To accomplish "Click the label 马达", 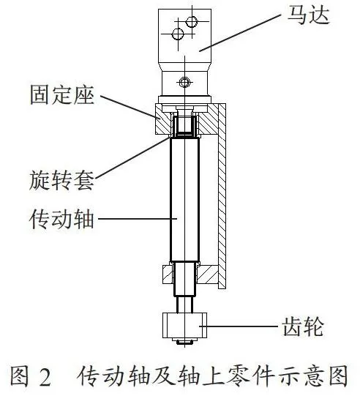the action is pos(309,15).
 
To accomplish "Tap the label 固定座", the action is pos(62,95).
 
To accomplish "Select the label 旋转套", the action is pos(61,180).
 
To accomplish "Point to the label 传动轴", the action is pos(61,219).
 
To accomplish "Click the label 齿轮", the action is pos(303,326).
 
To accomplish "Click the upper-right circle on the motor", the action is pos(192,22).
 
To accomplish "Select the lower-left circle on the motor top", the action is pos(178,34).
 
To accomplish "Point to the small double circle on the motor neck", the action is pos(184,82).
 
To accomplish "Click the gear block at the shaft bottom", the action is pos(184,326).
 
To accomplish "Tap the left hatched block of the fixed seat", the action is pos(163,119).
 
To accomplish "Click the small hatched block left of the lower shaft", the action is pos(168,274).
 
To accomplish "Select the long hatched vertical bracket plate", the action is pos(222,196).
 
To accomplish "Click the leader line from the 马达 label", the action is pos(240,33).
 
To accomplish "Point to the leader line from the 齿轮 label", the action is pos(239,326).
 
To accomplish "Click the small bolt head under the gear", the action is pos(184,343).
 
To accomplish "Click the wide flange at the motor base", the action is pos(184,99).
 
